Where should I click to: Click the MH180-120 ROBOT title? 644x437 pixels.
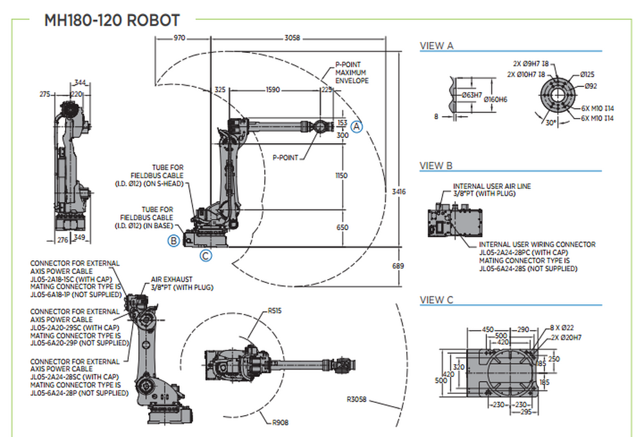pyautogui.click(x=111, y=20)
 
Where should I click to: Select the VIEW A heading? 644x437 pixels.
pyautogui.click(x=437, y=46)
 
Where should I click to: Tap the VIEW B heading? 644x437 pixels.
pyautogui.click(x=437, y=166)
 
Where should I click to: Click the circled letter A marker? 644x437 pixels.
pyautogui.click(x=357, y=127)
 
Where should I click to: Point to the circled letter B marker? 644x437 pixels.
pyautogui.click(x=174, y=241)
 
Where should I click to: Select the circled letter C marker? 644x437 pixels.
pyautogui.click(x=205, y=256)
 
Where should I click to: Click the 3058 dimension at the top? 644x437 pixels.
pyautogui.click(x=292, y=39)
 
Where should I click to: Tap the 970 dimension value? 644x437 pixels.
pyautogui.click(x=179, y=39)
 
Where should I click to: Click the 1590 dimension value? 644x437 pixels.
pyautogui.click(x=272, y=90)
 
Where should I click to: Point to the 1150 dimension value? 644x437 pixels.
pyautogui.click(x=342, y=176)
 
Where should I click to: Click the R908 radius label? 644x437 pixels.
pyautogui.click(x=279, y=422)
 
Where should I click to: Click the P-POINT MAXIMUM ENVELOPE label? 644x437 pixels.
pyautogui.click(x=352, y=73)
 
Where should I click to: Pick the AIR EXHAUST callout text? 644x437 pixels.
pyautogui.click(x=182, y=283)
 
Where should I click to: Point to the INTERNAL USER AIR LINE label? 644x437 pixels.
pyautogui.click(x=492, y=189)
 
